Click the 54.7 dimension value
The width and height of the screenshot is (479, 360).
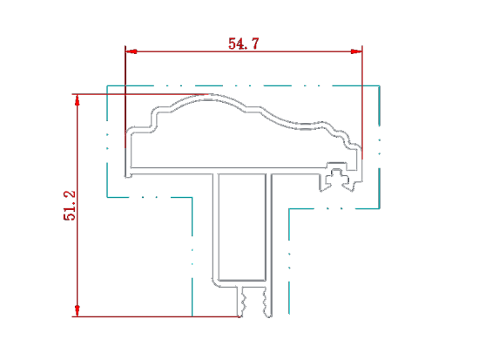[244, 44]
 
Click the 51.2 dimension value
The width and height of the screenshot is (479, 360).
[70, 205]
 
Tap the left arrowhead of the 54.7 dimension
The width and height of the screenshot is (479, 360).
[131, 51]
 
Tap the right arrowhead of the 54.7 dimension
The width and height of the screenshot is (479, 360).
[356, 51]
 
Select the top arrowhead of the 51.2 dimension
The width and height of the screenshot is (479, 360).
[78, 100]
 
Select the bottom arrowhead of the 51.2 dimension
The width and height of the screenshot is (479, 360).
[78, 310]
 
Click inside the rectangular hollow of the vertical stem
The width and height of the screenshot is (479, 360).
[242, 227]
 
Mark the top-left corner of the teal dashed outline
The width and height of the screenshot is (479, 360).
[107, 85]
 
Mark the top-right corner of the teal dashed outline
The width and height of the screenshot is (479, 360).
[380, 85]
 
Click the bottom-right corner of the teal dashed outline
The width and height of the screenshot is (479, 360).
[380, 208]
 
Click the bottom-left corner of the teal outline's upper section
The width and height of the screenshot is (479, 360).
[107, 197]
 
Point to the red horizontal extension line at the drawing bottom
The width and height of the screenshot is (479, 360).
[157, 316]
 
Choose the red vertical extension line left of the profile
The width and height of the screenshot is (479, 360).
[125, 97]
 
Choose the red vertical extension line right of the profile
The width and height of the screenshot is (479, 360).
[362, 103]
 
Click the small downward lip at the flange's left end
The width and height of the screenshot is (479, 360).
[128, 175]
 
